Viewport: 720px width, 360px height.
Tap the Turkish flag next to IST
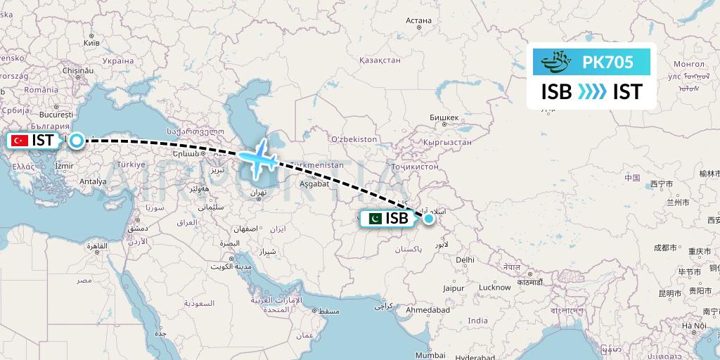(x=19, y=141)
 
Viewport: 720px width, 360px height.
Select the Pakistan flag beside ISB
(x=374, y=219)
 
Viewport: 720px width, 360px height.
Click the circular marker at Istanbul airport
(x=75, y=140)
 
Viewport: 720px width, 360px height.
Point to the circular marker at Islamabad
(x=428, y=219)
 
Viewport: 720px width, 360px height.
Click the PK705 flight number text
(x=608, y=63)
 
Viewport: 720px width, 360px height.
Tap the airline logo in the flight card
(x=557, y=63)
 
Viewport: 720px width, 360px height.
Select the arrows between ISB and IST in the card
(x=592, y=92)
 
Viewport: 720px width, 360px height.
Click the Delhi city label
(x=465, y=259)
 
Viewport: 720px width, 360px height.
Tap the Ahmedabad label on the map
(x=427, y=310)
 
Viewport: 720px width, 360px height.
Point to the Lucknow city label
(x=494, y=287)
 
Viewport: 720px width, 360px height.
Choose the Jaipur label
(x=454, y=288)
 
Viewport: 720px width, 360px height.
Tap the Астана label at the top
(x=418, y=20)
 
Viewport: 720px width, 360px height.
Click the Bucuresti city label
(x=57, y=114)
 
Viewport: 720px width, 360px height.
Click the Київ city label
(x=91, y=43)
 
